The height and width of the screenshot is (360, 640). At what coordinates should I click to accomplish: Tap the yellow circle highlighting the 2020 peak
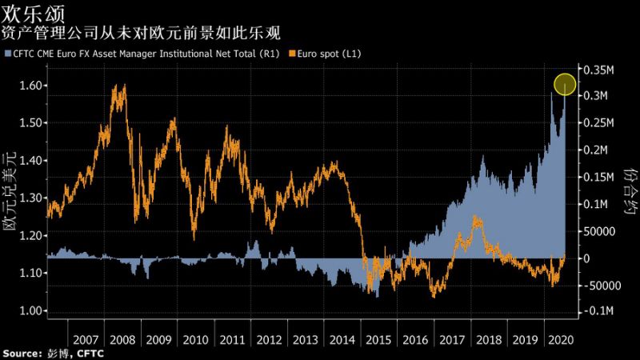click(x=565, y=84)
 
